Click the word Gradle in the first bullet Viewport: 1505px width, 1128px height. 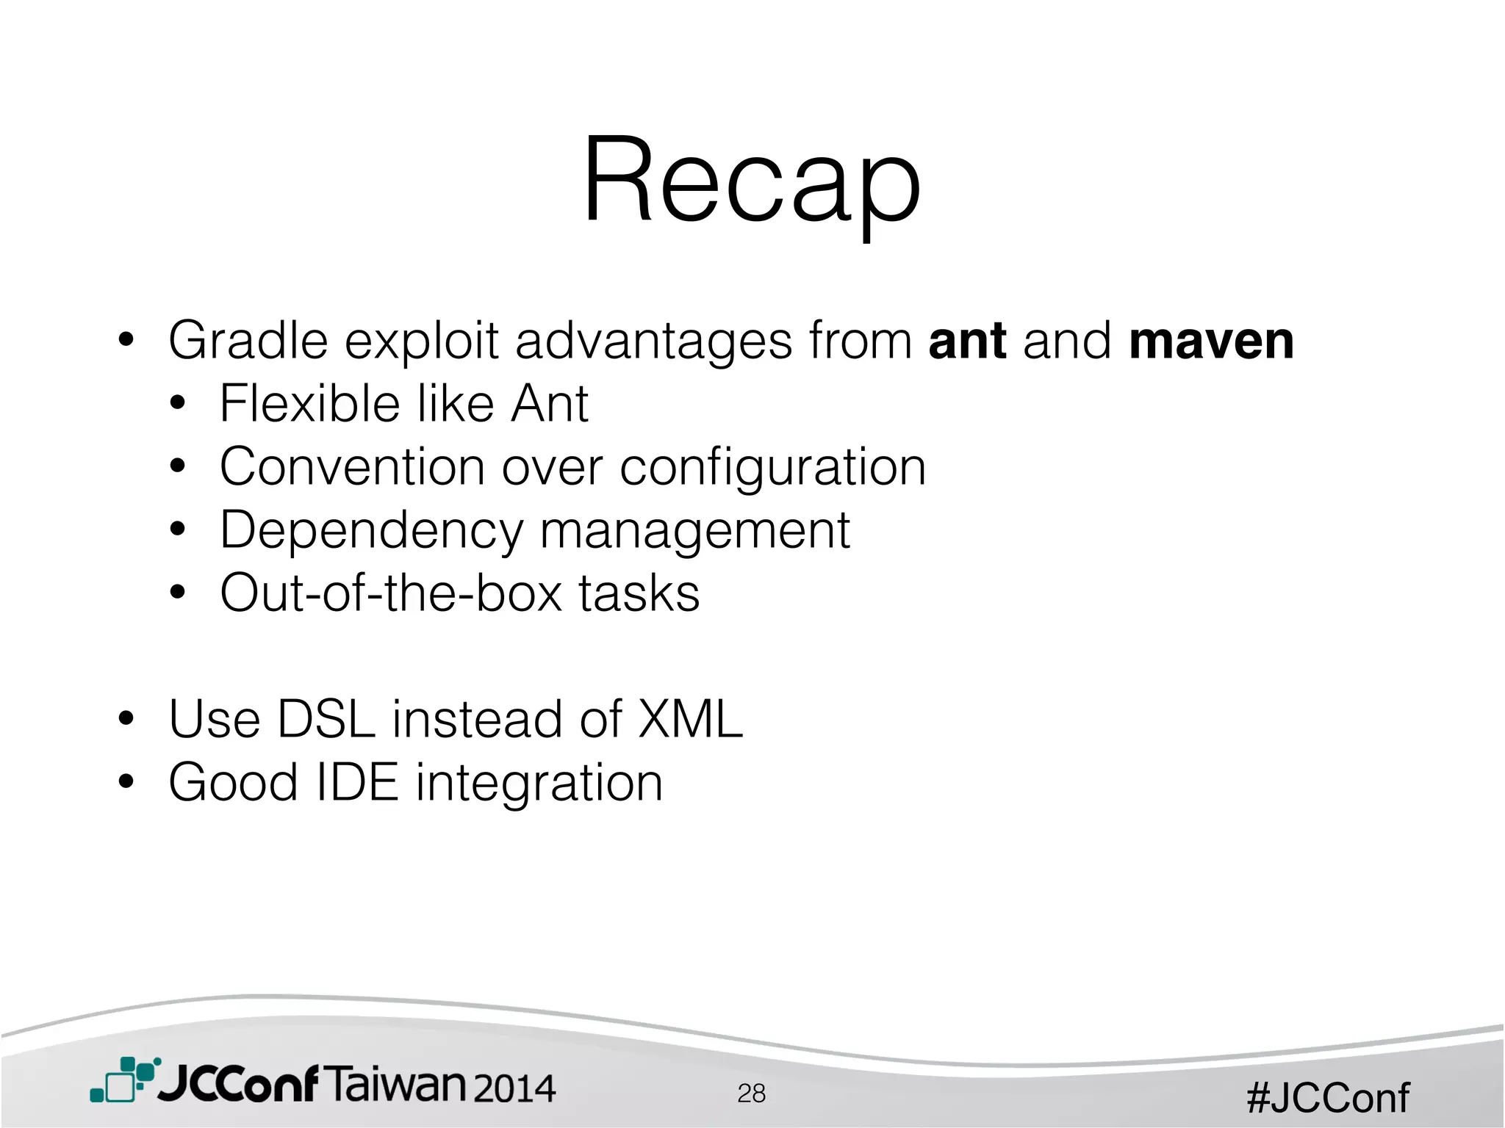(248, 341)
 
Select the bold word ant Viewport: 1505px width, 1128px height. (967, 341)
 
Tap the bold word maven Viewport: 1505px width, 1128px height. (1211, 341)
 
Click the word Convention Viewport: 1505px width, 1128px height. (352, 467)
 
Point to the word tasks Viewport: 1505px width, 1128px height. (639, 593)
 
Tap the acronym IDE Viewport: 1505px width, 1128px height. (357, 782)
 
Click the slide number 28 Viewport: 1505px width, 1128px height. (751, 1093)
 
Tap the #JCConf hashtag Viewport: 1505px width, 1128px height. (1327, 1098)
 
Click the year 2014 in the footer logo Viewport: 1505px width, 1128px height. (514, 1088)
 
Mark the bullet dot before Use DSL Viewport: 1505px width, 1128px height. (126, 718)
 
